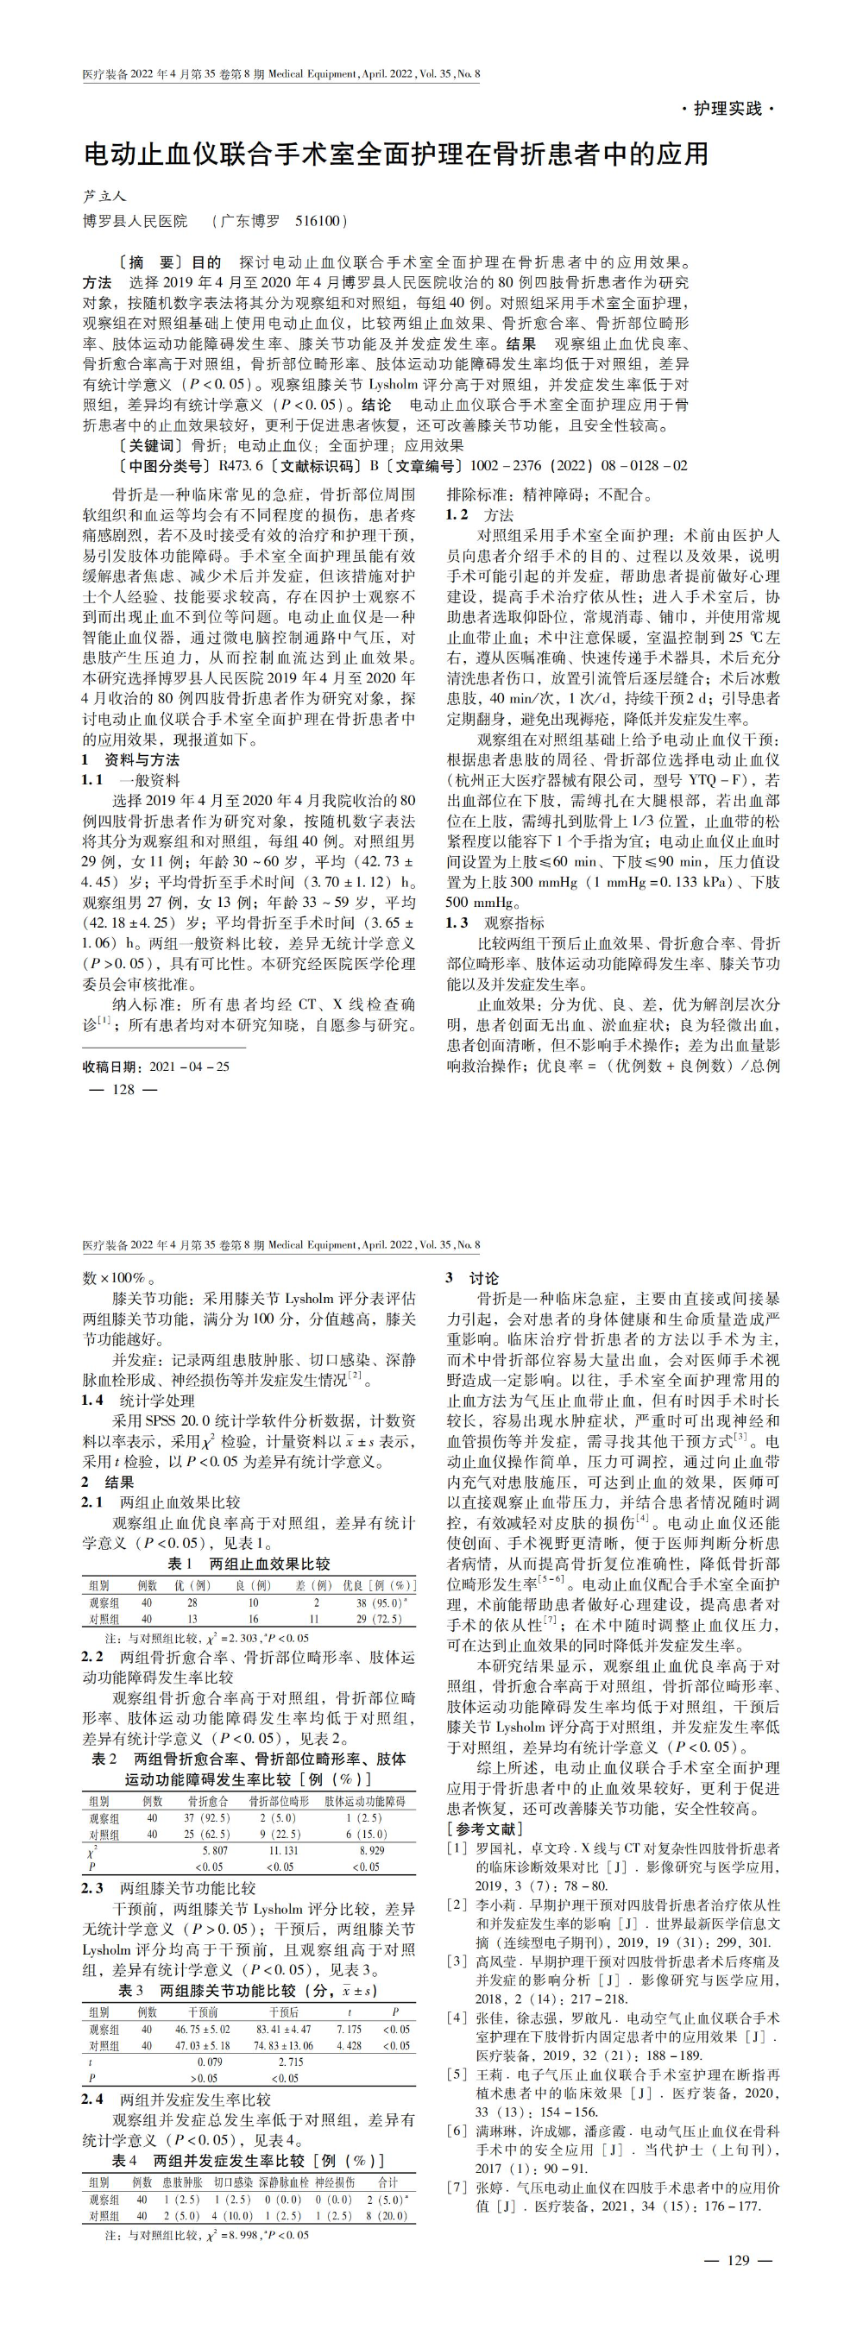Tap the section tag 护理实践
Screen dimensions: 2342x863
[x=728, y=108]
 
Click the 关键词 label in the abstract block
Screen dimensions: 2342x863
[x=149, y=445]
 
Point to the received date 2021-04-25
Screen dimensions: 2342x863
[x=189, y=1067]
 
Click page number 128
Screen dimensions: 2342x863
[x=122, y=1089]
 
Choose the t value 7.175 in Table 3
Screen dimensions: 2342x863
[x=349, y=2029]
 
